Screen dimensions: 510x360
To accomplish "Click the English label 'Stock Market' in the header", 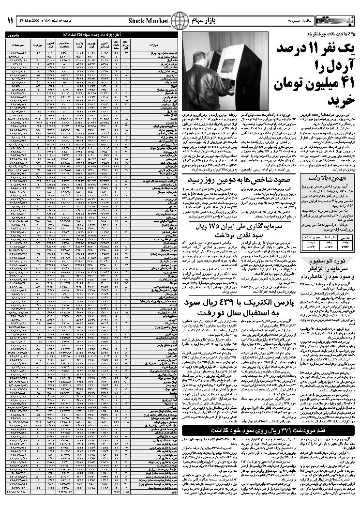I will click(149, 21).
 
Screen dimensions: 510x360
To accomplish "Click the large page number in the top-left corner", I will click(10, 21).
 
